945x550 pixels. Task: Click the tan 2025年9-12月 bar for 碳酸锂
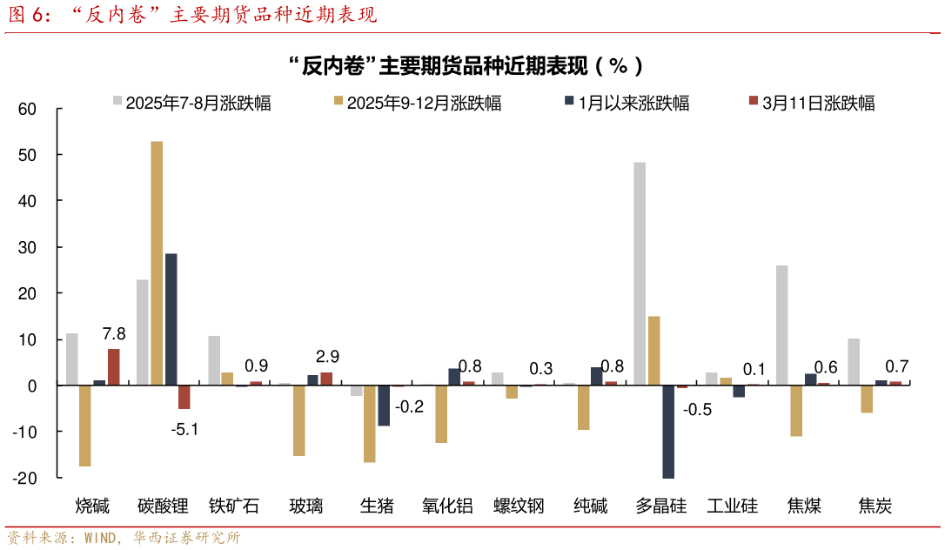coord(157,262)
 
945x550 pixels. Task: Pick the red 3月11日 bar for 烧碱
coord(114,366)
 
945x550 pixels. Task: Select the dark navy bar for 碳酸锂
coord(171,319)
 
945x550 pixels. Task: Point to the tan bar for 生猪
coord(369,423)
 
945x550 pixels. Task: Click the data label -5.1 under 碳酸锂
coord(183,428)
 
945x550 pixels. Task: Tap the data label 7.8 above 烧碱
coord(114,334)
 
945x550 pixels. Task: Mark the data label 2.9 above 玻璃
coord(327,357)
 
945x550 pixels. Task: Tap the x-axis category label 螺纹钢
coord(519,506)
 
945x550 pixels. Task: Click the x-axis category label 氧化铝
coord(447,506)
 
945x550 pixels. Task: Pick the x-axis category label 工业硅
coord(732,506)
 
